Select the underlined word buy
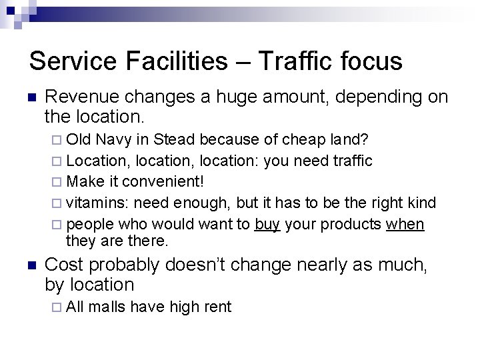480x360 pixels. pyautogui.click(x=266, y=223)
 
